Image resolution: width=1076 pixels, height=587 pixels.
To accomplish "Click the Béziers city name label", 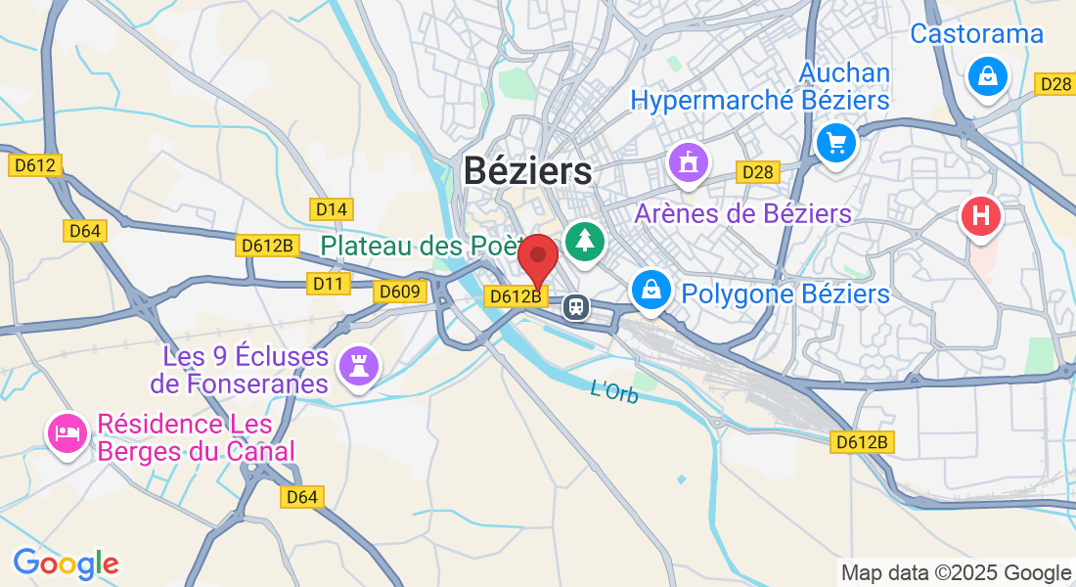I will tap(527, 171).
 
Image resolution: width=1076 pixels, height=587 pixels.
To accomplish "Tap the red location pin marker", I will tap(537, 258).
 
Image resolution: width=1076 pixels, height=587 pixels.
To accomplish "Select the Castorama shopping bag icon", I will tap(987, 75).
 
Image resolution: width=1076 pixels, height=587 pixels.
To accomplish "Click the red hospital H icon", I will tap(980, 214).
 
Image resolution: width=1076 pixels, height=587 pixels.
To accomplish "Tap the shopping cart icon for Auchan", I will tap(835, 144).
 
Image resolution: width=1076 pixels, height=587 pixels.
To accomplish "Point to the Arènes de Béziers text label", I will tap(743, 213).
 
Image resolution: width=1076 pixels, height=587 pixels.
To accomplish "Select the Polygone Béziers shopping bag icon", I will tap(650, 289).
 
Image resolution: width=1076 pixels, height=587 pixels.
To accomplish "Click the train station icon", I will tap(577, 307).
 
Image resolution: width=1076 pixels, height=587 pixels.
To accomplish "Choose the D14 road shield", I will tap(331, 208).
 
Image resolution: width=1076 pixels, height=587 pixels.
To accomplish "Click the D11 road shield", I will tap(329, 284).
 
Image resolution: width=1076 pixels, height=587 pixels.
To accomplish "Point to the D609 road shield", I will tap(399, 292).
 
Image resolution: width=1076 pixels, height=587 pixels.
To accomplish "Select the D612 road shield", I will tap(35, 166).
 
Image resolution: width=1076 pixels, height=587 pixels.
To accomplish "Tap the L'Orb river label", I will tap(614, 391).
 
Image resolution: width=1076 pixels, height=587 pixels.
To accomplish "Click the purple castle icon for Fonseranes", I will tap(356, 366).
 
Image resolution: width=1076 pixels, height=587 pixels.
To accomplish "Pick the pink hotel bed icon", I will tap(67, 432).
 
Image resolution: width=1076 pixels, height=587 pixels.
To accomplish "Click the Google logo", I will tap(66, 564).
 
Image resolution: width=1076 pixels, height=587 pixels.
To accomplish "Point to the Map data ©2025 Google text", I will tap(956, 573).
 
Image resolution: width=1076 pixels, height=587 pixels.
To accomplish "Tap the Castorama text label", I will tap(976, 34).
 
